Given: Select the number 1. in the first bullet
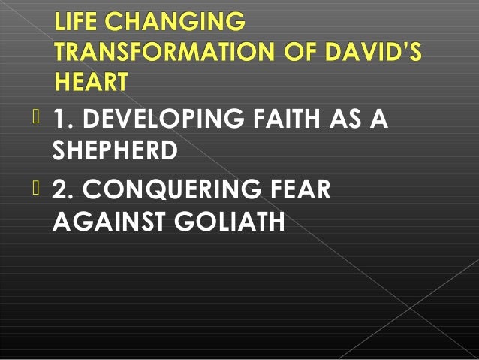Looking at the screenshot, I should (63, 119).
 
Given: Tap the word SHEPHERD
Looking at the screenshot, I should (116, 150).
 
